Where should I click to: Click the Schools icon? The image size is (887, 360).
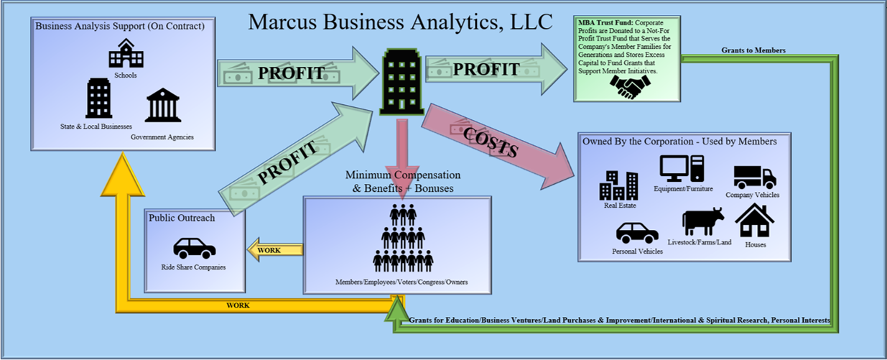(126, 54)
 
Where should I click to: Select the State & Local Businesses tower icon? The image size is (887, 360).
(98, 98)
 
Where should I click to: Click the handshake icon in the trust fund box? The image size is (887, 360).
(628, 87)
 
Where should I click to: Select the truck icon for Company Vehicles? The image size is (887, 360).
(753, 177)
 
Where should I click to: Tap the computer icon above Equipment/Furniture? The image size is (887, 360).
(682, 168)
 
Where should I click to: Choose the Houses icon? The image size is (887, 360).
(754, 221)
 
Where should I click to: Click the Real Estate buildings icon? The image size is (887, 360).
(618, 185)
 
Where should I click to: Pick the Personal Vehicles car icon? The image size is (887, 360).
(637, 232)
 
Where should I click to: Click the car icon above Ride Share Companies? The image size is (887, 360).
(194, 248)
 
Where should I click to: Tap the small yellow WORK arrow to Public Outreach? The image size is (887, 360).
(274, 250)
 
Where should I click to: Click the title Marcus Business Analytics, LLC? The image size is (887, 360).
(400, 22)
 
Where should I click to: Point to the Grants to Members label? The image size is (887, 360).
(753, 50)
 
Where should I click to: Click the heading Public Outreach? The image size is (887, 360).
(182, 218)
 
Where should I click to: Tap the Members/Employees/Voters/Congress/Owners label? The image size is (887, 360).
(401, 282)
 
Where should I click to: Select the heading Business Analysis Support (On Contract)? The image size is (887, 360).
(120, 26)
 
